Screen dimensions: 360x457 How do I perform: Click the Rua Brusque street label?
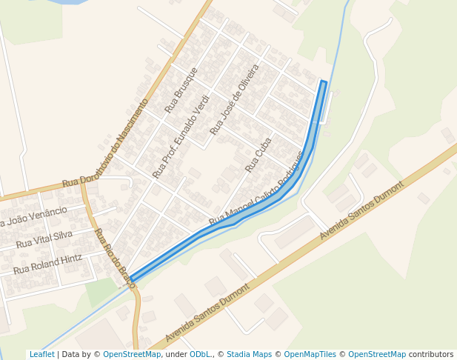point(181,89)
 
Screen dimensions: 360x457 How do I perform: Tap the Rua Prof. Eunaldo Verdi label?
point(181,137)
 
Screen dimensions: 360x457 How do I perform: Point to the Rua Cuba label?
point(258,154)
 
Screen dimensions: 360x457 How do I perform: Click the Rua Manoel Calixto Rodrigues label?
point(257,189)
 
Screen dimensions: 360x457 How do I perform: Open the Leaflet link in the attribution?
point(41,355)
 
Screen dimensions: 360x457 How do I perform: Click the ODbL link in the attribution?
point(200,355)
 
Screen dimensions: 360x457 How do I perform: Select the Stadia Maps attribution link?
point(249,355)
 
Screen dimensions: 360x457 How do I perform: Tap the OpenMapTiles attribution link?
point(310,355)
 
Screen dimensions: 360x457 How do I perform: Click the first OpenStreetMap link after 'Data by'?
point(132,355)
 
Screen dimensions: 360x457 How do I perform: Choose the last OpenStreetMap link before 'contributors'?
point(377,355)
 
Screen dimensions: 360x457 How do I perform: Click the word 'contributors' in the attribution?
point(430,355)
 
